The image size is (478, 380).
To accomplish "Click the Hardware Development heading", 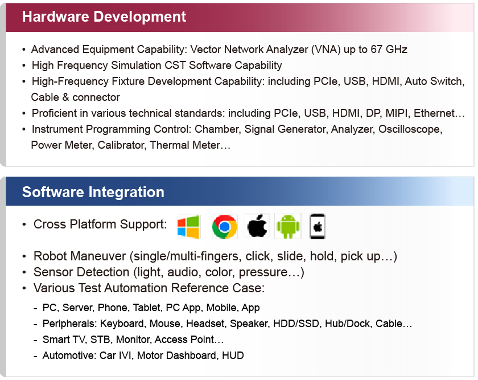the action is point(104,17).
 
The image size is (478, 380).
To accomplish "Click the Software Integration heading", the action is point(93,192).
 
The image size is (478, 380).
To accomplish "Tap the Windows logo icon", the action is point(189,227).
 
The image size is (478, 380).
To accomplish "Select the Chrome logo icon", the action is point(225,227).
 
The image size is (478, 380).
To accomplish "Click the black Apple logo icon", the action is point(257,226).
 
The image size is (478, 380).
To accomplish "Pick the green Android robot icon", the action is point(288,226).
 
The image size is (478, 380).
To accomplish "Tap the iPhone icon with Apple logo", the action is point(318,226).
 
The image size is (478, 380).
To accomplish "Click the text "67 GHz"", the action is point(389,49).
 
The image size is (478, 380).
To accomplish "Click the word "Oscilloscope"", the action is point(410,129).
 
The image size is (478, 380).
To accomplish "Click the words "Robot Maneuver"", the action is point(80,256).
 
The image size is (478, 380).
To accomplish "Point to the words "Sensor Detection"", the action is point(81,272).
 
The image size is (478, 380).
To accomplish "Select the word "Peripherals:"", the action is point(70,324).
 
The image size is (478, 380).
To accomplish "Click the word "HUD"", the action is point(233,356).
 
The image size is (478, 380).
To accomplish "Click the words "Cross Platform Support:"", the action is point(100,224).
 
